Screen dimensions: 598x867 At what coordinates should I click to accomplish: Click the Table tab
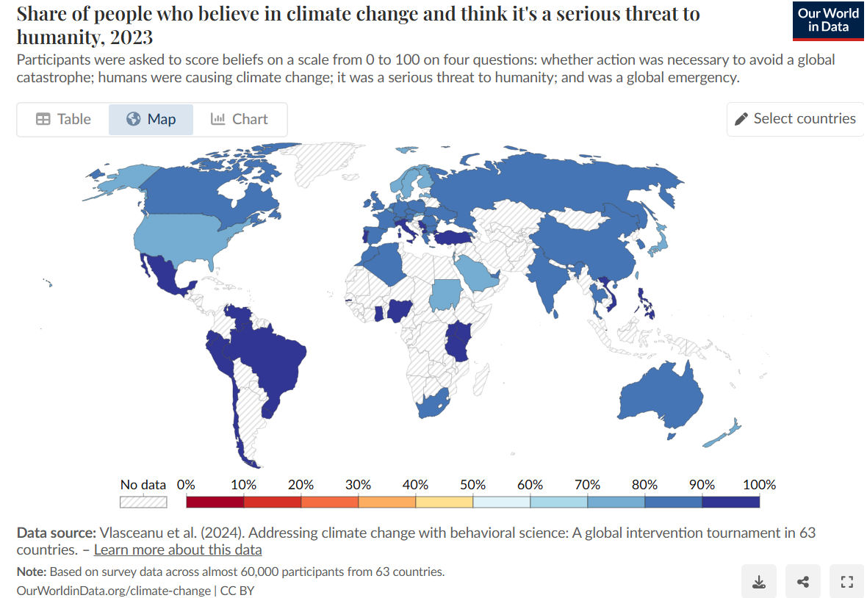63,119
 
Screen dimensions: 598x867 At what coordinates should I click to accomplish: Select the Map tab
151,119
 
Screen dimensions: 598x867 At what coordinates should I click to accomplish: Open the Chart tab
240,119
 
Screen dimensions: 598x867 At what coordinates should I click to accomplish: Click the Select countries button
795,119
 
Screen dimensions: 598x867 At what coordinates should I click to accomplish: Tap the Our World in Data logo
828,21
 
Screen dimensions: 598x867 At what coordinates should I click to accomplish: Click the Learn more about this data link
178,550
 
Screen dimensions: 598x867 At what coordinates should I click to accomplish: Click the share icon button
802,583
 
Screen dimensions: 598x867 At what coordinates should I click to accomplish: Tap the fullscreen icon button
846,583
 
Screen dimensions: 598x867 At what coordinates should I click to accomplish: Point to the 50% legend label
472,485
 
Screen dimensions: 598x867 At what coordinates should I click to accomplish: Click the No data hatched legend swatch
143,502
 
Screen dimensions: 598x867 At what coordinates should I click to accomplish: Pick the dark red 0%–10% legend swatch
215,502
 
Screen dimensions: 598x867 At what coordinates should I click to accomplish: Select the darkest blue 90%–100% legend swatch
730,502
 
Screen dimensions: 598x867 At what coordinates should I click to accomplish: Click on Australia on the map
658,397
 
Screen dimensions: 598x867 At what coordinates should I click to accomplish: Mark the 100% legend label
759,485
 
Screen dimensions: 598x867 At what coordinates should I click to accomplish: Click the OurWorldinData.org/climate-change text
113,590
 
